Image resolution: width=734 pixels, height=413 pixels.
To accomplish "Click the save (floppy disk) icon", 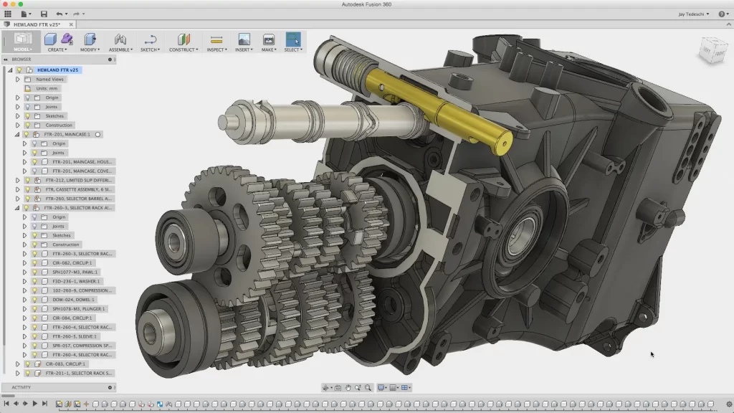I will (x=44, y=14).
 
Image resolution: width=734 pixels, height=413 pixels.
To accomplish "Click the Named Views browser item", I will (x=50, y=79).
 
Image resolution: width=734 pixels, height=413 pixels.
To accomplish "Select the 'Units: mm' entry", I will (x=47, y=88).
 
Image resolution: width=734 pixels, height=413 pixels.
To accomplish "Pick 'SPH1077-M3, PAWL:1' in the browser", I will (x=76, y=272).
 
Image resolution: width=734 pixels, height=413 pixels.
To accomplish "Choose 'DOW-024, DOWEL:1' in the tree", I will (x=73, y=300).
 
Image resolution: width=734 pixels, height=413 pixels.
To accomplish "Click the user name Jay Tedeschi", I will (x=692, y=14).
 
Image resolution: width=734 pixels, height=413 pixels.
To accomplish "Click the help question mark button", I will (x=721, y=14).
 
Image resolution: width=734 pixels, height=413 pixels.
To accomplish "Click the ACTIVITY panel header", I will (x=22, y=387).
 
